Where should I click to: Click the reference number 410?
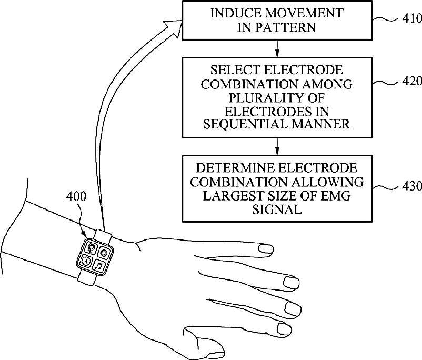click(x=411, y=19)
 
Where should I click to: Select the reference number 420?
click(x=411, y=82)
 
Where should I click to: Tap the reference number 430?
click(x=411, y=186)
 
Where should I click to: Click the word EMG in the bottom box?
click(x=335, y=196)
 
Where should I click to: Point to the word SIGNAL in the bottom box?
click(x=277, y=209)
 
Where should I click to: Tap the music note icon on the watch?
click(x=98, y=266)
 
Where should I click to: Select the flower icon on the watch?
click(x=92, y=247)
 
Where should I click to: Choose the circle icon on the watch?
click(x=104, y=253)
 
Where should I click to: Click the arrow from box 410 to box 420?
click(x=277, y=48)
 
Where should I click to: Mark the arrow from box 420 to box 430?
click(x=277, y=145)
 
